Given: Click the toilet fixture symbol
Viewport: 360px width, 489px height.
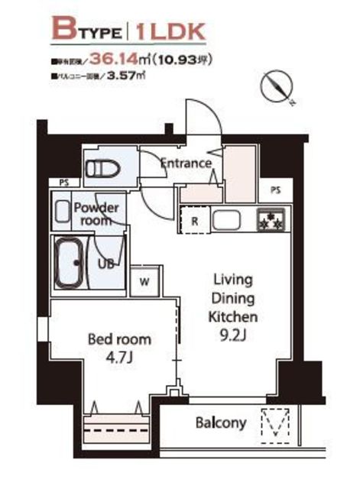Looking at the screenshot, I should [x=99, y=168].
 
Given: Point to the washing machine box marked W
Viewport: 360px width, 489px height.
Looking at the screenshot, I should [x=144, y=280].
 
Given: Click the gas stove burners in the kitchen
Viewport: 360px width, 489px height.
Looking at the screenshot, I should [x=269, y=222].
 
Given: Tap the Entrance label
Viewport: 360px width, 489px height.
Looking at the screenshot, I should [x=184, y=163].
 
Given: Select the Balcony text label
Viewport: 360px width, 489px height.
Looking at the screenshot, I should [x=220, y=423].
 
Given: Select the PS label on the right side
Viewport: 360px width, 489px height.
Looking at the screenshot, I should [x=274, y=190].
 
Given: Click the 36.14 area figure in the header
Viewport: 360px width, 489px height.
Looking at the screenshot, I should [x=122, y=57].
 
